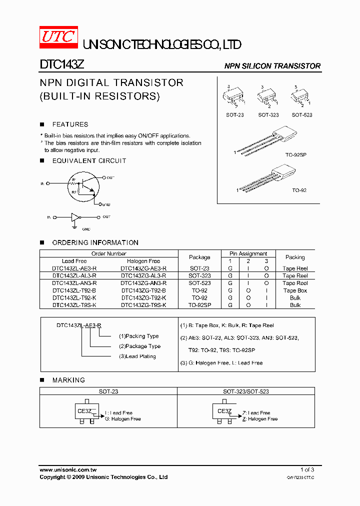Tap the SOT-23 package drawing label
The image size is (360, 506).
point(234,115)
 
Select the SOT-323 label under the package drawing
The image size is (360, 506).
point(268,115)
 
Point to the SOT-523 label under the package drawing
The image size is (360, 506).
point(302,115)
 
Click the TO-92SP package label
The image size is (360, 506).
point(296,155)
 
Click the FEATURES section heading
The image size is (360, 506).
point(70,124)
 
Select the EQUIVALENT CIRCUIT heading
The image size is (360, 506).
point(89,161)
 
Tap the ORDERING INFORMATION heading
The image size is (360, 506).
point(95,242)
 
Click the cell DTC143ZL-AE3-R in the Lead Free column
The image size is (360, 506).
point(74,268)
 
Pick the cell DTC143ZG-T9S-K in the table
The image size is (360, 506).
point(143,305)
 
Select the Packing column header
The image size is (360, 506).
point(295,257)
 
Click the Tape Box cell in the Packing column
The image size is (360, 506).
point(295,290)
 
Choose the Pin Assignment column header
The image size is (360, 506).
point(248,253)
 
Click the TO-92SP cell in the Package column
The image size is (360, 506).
point(199,305)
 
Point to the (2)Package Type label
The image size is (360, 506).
point(139,346)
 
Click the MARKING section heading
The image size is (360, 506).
point(68,380)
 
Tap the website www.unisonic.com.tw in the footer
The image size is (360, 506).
point(68,470)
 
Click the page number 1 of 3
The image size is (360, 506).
point(307,470)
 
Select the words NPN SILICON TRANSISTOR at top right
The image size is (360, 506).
point(272,66)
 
